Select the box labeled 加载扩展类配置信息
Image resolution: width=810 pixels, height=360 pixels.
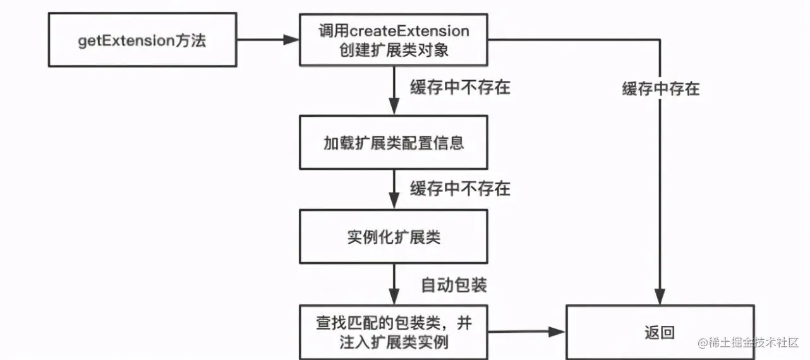[393, 142]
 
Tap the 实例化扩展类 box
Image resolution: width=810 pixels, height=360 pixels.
[393, 237]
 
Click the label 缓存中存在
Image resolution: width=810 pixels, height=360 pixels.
[660, 89]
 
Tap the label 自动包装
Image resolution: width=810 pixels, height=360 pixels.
[454, 285]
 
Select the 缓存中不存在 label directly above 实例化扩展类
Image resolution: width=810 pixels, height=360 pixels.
[460, 189]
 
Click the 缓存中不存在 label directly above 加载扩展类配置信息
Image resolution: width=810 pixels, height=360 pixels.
[460, 88]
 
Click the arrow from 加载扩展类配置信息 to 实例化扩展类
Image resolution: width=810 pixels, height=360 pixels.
[394, 189]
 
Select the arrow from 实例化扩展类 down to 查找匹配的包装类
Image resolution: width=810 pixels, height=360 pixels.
[394, 284]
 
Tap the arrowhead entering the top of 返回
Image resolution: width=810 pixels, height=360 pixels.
[660, 297]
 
